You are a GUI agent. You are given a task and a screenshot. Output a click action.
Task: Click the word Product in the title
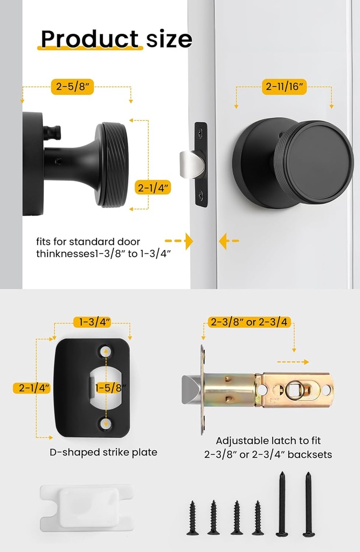point(89,39)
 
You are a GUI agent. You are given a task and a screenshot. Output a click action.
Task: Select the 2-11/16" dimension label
point(284,86)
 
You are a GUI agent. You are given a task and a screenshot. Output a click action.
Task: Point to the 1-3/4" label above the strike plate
point(92,322)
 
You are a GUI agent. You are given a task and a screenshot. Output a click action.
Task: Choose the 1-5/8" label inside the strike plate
point(111,388)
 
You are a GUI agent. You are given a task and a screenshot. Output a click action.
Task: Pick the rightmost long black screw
point(308,504)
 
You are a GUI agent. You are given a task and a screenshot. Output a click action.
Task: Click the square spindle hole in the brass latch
point(295,389)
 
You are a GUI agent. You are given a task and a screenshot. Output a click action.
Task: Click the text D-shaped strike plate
point(103,452)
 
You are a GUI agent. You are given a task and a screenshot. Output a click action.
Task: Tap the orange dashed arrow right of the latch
point(294,362)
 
